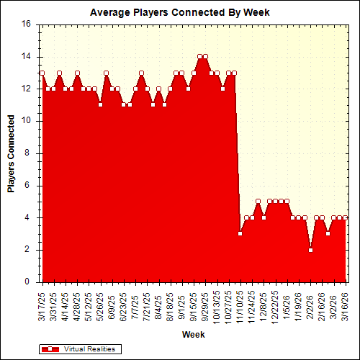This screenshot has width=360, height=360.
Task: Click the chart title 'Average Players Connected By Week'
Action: point(179,12)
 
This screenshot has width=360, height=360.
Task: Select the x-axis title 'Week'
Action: point(193,335)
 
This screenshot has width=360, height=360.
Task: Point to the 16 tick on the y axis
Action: point(26,24)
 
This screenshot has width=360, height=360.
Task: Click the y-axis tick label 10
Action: point(26,121)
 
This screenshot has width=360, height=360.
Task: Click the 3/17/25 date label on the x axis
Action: point(42,305)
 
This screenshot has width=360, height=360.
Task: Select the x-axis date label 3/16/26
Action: point(346,305)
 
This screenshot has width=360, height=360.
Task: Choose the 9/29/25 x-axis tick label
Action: point(206,305)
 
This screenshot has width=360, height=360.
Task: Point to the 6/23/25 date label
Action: point(124,305)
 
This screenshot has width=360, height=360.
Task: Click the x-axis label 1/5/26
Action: point(287,303)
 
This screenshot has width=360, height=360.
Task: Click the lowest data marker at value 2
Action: point(311,250)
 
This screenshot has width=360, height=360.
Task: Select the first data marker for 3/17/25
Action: point(42,73)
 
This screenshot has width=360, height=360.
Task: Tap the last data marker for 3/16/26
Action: point(346,217)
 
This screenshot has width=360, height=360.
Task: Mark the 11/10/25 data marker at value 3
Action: point(240,233)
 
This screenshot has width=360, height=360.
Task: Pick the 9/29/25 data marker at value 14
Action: point(206,56)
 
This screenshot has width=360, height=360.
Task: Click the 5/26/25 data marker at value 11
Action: point(100,104)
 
